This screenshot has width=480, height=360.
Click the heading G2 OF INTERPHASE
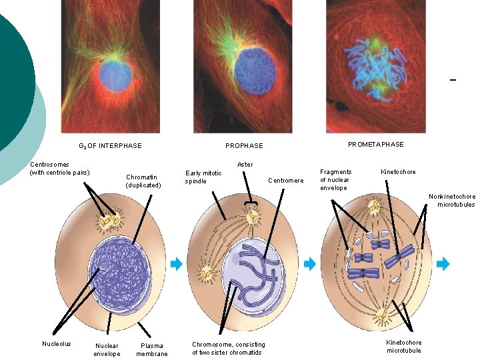point(110,145)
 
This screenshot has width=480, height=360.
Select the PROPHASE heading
point(244,145)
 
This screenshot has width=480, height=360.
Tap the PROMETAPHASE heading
point(375,145)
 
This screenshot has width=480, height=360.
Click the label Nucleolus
point(56,344)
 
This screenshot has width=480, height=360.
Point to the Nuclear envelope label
point(107,349)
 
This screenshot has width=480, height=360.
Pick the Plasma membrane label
point(152,349)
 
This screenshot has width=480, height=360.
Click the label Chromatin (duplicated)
point(143,181)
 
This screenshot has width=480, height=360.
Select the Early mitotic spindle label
point(203,177)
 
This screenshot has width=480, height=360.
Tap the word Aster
point(245,164)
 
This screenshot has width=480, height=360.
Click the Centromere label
point(285,180)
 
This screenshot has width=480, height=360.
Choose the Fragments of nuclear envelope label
point(335,179)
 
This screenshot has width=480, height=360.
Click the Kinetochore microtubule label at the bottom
point(404,346)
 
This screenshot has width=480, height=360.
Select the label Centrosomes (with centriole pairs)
point(60,169)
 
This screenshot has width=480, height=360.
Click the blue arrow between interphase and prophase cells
point(176,264)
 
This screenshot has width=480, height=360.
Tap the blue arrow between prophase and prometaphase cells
point(309,264)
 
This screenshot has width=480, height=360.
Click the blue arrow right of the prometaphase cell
point(443,264)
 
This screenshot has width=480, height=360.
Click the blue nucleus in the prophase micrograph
point(255,71)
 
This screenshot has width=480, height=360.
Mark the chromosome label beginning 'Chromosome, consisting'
point(228,348)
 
